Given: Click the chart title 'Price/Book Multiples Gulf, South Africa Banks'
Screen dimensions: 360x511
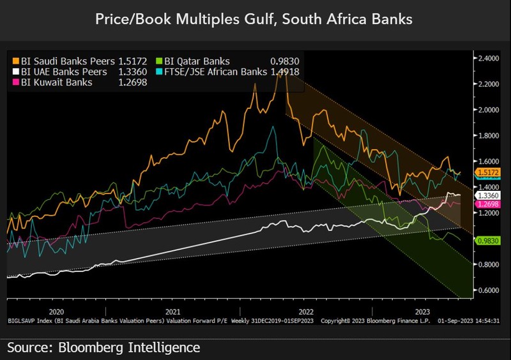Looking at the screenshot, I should (254, 20).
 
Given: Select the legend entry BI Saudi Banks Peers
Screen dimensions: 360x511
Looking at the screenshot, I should (64, 62).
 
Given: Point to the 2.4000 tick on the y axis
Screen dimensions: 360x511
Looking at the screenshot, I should (489, 58).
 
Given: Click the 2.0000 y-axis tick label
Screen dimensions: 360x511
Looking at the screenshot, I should (489, 110).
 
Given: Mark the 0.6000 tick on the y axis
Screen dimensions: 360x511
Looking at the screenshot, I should (489, 290).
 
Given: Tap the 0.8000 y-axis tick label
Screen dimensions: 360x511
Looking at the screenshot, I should (489, 264).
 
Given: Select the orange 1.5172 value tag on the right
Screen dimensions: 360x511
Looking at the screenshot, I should (489, 172).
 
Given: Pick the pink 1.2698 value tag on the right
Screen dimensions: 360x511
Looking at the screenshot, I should (489, 204).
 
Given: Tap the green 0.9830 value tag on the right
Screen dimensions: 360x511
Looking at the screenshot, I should (489, 241).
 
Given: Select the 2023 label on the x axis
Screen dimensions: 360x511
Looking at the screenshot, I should (422, 311).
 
